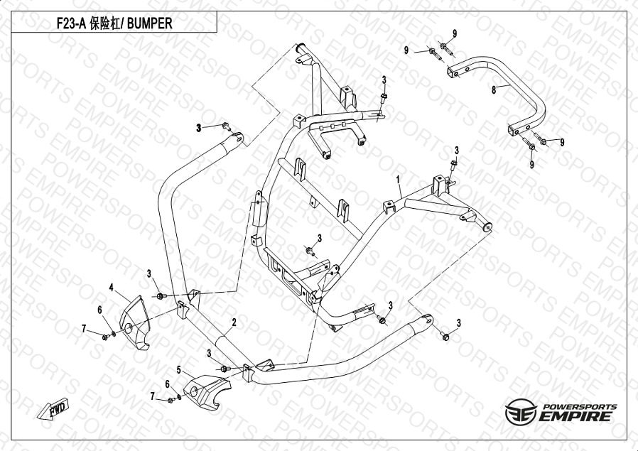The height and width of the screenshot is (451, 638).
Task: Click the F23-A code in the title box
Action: [x=72, y=23]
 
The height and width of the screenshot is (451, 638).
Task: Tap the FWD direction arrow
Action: [x=55, y=410]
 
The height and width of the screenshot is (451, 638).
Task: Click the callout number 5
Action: [x=179, y=370]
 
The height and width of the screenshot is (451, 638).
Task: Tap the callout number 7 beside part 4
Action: [x=84, y=327]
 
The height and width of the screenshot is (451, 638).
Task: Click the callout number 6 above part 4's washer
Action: [x=100, y=309]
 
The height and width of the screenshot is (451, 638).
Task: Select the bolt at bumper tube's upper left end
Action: [x=226, y=128]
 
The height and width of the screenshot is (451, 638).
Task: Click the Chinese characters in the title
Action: [x=108, y=23]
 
